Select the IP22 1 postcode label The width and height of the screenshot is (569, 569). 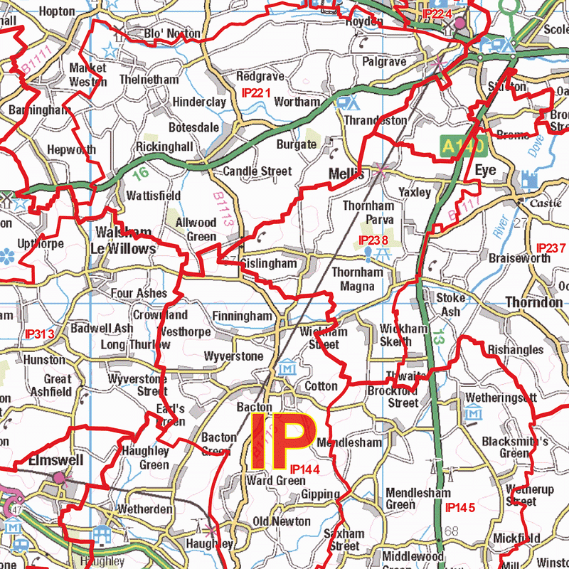point(257,93)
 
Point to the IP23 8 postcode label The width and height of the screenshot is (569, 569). point(374,240)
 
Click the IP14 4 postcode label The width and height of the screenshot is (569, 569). point(305,469)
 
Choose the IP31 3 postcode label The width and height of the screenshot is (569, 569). point(39,334)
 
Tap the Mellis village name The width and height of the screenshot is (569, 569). point(346,174)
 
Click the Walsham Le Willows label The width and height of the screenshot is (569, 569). point(122,241)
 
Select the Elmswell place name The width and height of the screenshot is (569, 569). point(55,460)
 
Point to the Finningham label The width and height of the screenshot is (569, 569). point(242,315)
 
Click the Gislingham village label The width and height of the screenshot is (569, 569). point(268,264)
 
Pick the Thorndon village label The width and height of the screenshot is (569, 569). point(533,303)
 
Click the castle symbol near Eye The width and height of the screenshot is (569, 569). point(528,180)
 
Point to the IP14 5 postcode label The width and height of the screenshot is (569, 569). point(459,508)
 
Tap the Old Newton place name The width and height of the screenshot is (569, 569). point(282,522)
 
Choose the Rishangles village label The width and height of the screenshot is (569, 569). point(515,350)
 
